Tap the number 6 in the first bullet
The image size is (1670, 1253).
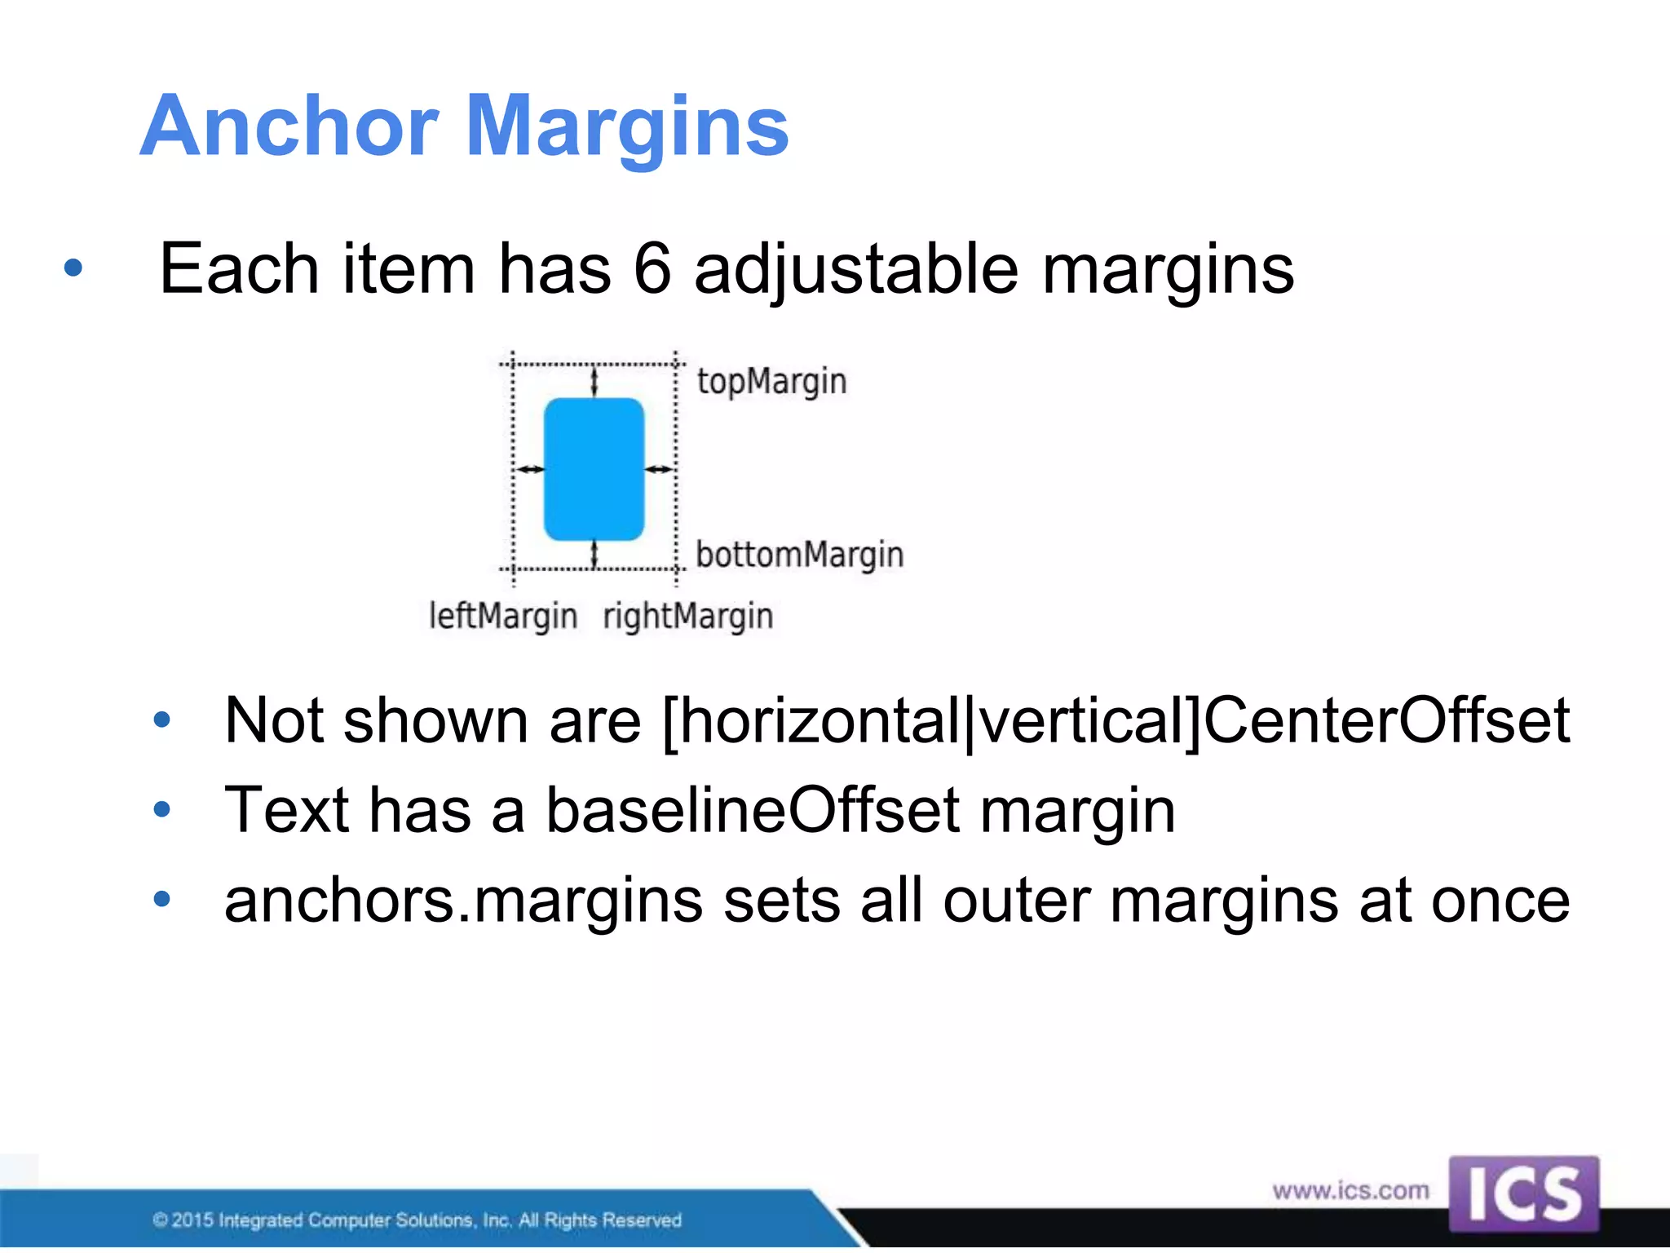(652, 268)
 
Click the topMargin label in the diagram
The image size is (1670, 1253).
(771, 382)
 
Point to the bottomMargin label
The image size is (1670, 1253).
(799, 556)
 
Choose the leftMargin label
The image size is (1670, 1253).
(503, 617)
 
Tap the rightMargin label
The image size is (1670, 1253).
(687, 617)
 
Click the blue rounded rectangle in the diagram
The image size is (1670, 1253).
(594, 469)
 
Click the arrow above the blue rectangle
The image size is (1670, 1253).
(594, 381)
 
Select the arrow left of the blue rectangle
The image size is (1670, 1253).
(531, 469)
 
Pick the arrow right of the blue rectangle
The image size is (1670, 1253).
(659, 469)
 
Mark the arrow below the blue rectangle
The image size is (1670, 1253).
(594, 554)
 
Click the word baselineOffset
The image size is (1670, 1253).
(753, 810)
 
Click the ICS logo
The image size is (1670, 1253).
(1523, 1193)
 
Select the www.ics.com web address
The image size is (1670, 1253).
(1350, 1190)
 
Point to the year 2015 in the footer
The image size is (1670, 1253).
(192, 1220)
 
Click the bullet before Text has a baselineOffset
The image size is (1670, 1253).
(162, 810)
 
